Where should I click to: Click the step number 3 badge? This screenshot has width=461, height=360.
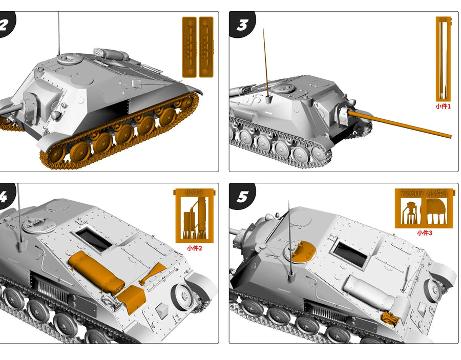(242, 25)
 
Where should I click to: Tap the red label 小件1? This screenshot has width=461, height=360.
(443, 106)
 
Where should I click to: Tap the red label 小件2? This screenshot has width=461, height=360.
(195, 248)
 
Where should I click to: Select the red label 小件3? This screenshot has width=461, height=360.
(425, 232)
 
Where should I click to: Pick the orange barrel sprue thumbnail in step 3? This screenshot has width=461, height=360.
(443, 58)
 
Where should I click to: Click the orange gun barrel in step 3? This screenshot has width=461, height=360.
(400, 123)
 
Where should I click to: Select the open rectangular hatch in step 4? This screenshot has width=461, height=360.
(94, 238)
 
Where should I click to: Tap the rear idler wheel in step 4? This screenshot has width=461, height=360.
(183, 297)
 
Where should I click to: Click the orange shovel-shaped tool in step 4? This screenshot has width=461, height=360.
(152, 273)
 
